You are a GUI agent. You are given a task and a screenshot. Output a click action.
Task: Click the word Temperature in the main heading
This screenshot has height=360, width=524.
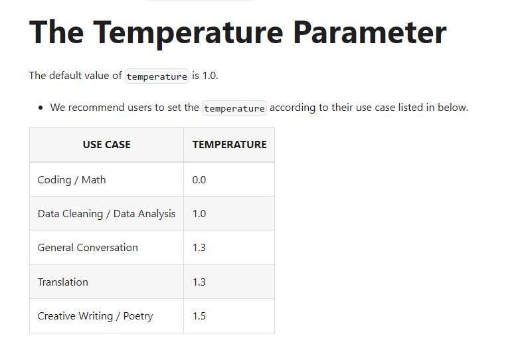[188, 33]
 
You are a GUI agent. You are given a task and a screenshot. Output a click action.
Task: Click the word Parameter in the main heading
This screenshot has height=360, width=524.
[370, 33]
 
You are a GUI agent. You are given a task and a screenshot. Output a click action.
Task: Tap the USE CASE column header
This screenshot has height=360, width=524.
[107, 144]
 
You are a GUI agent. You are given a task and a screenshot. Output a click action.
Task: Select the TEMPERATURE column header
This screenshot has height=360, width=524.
[229, 144]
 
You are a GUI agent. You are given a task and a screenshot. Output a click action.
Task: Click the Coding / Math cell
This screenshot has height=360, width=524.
[72, 180]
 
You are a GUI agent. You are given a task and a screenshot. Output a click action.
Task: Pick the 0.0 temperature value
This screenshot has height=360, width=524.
[199, 180]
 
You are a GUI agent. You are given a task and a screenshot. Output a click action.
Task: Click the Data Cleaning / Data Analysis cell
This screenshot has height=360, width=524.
[106, 214]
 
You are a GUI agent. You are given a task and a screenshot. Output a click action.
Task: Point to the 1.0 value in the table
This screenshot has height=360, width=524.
[199, 214]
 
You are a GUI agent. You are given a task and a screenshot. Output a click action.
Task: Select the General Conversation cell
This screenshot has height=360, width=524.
[88, 248]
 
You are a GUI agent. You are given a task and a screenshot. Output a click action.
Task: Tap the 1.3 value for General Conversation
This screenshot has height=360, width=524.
[199, 248]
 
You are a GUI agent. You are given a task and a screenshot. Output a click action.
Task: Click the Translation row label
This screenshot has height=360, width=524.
[63, 282]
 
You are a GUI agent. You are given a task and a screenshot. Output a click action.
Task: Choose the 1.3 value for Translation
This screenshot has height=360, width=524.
[199, 282]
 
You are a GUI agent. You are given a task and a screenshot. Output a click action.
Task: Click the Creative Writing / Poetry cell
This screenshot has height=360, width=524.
[95, 316]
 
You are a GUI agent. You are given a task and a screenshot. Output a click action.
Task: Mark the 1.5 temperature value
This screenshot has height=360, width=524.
[199, 316]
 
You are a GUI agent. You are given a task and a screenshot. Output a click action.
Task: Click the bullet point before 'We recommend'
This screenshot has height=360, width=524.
[41, 108]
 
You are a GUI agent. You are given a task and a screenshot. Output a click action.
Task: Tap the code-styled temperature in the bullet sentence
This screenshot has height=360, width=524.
[234, 108]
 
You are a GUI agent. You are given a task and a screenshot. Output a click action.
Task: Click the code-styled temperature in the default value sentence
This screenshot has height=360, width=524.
[157, 76]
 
